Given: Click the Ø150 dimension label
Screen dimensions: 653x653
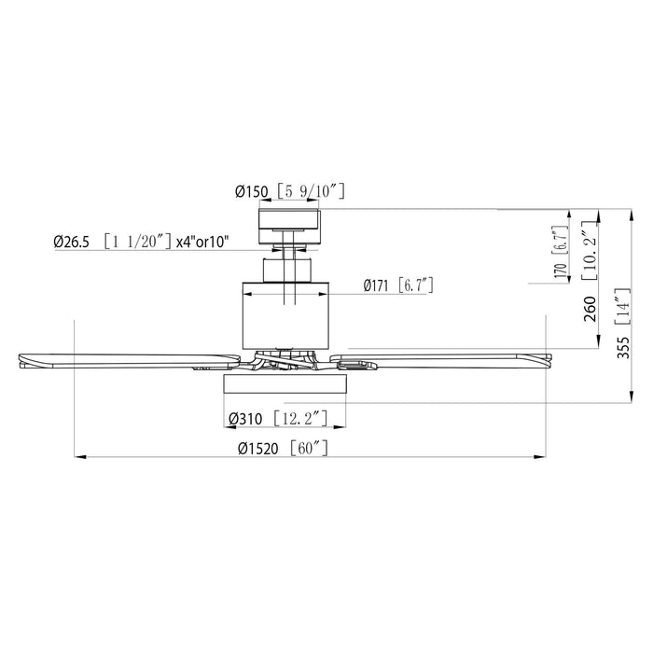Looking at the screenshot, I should click(251, 191).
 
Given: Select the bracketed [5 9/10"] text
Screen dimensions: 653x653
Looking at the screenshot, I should click(310, 191).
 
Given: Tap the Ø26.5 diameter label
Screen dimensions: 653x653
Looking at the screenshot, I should click(72, 243).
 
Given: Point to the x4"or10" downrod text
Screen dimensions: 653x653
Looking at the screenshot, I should click(202, 243).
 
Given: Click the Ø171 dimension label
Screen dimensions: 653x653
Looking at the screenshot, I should click(377, 285).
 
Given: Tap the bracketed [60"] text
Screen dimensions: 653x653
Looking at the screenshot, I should click(309, 449).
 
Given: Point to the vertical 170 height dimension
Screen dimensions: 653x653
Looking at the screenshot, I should click(561, 270).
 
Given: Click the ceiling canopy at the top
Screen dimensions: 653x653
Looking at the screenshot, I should click(290, 220).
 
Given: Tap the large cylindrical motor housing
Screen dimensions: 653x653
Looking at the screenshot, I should click(290, 313).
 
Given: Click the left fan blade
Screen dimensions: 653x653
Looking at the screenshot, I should click(121, 359).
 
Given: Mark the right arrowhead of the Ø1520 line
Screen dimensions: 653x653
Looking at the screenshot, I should click(539, 457).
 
